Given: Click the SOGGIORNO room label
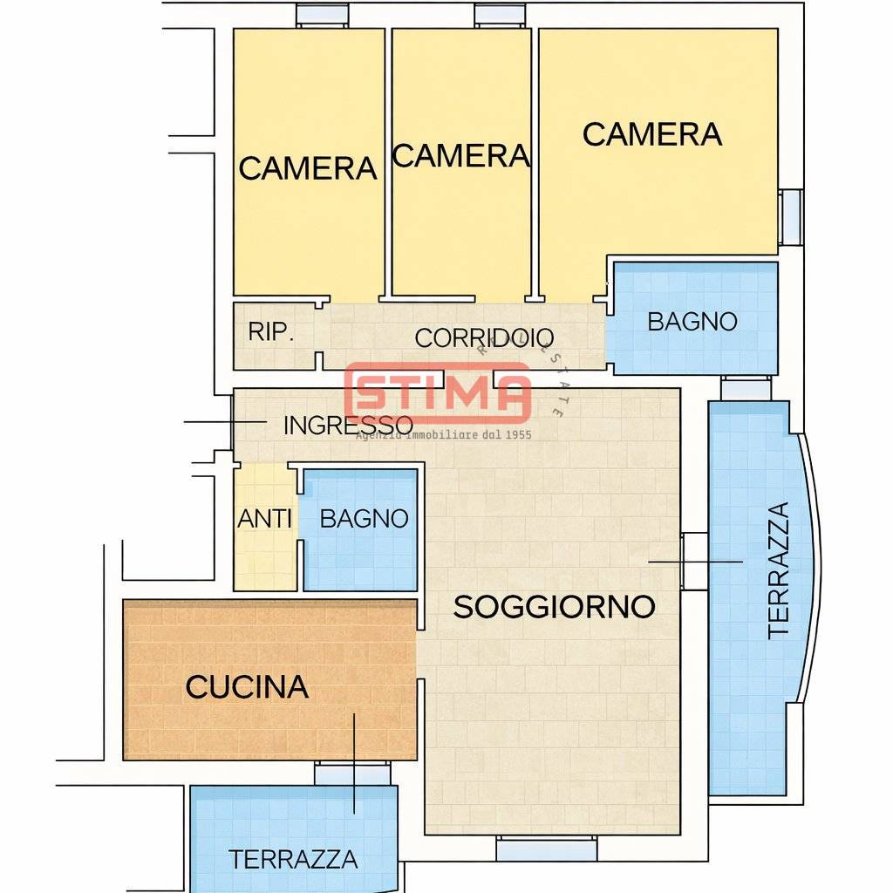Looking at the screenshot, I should pos(554,606).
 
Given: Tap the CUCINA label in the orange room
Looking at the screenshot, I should pos(247,687).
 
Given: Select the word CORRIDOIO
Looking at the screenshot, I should pos(484,338).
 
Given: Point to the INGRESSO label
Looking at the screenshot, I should pos(348,426).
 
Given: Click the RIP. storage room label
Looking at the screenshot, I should pos(271,332).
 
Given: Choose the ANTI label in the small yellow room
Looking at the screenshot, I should pos(264,519).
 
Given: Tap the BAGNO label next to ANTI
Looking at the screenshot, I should pos(364,519).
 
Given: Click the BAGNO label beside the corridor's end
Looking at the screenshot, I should pos(692,322).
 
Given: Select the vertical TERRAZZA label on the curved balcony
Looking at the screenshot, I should pos(778,570).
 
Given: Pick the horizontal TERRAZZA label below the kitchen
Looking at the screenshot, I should pos(293,859).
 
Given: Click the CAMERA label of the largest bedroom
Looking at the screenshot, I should pos(652,135).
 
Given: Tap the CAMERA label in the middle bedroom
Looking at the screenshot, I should pos(460,156).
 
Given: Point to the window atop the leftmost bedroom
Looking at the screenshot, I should pos(322,15).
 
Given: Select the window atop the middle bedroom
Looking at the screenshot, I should pos(501,15).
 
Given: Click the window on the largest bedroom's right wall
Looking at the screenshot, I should pos(790,215).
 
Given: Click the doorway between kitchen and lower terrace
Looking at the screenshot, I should pos(352,773).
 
